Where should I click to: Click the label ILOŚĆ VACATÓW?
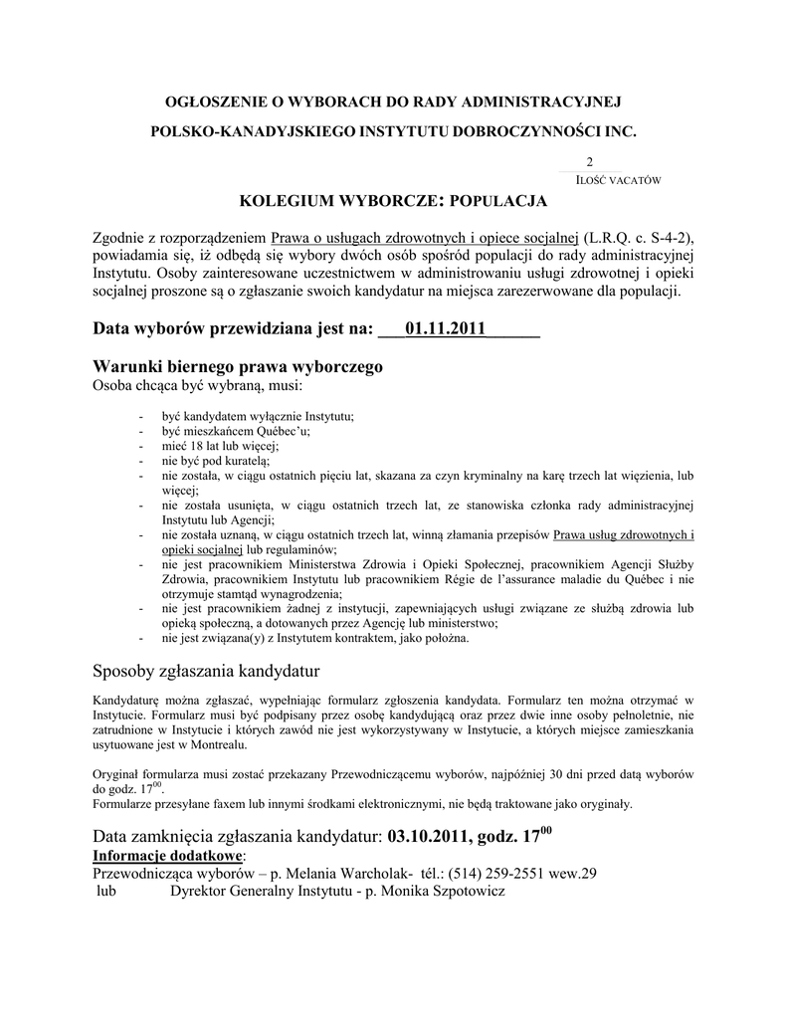point(618,180)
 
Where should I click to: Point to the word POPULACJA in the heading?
point(498,202)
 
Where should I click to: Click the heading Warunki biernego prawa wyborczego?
point(238,366)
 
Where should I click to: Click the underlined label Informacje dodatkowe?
point(167,855)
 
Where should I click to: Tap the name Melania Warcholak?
point(343,873)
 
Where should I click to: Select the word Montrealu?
point(218,744)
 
